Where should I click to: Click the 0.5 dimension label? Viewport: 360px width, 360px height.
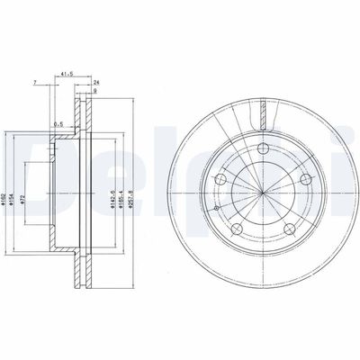coord(58,125)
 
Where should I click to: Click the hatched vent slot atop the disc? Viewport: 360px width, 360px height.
coord(263,115)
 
